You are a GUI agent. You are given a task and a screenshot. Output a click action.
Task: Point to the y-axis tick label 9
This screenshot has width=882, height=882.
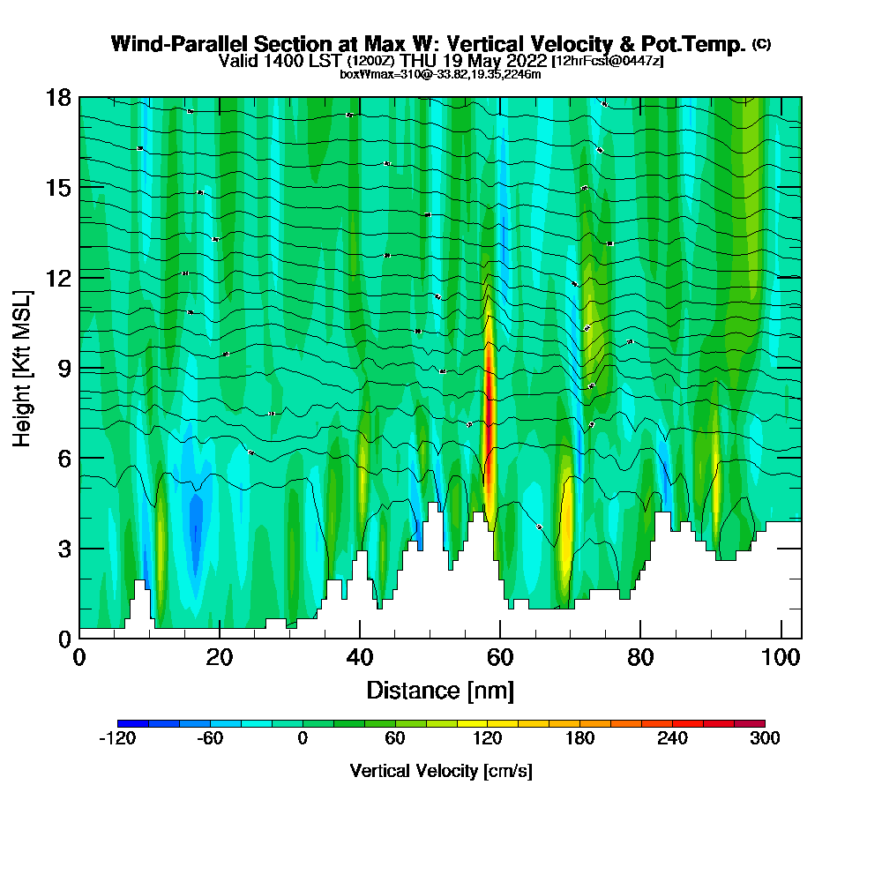click(x=64, y=368)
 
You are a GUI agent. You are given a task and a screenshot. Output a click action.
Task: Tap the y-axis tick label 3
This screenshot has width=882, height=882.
click(x=64, y=548)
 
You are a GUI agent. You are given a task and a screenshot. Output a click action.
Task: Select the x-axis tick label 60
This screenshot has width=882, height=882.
click(x=500, y=658)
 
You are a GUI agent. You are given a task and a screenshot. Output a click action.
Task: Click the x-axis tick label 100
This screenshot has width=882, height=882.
click(x=780, y=658)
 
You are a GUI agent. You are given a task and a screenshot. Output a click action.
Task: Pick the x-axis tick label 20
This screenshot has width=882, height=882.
click(x=220, y=658)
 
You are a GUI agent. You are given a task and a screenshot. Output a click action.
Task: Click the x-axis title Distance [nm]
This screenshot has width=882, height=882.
click(x=440, y=690)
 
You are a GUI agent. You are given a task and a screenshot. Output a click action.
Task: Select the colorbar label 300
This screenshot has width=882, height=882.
click(x=765, y=739)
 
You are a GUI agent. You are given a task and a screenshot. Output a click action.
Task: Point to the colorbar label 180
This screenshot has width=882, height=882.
click(x=579, y=739)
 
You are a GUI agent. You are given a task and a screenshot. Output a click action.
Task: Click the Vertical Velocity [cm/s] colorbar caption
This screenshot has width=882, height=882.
click(x=441, y=771)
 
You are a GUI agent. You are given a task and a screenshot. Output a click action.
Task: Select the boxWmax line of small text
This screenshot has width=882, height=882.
click(x=440, y=74)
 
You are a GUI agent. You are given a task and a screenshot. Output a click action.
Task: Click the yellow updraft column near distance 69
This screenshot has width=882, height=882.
click(x=566, y=529)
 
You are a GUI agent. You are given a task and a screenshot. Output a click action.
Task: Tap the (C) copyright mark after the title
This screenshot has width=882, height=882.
click(x=762, y=44)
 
